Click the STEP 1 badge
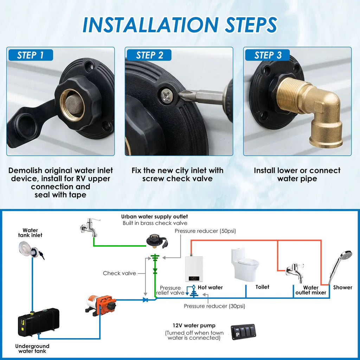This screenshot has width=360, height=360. coord(31,55)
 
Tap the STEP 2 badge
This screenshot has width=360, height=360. coord(149,55)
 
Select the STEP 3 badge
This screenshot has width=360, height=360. coord(267,55)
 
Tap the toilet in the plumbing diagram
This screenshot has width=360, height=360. coord(245,265)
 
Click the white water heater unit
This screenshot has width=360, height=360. coord(194,269)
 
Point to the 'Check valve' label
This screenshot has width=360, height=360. coord(120,273)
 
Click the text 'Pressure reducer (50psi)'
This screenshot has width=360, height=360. coord(205,231)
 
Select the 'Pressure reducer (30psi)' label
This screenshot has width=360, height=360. coord(214,306)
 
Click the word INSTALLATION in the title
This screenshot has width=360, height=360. coord(150,25)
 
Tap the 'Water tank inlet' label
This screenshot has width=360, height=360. coord(30,233)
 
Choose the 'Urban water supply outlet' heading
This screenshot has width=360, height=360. coord(155,217)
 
